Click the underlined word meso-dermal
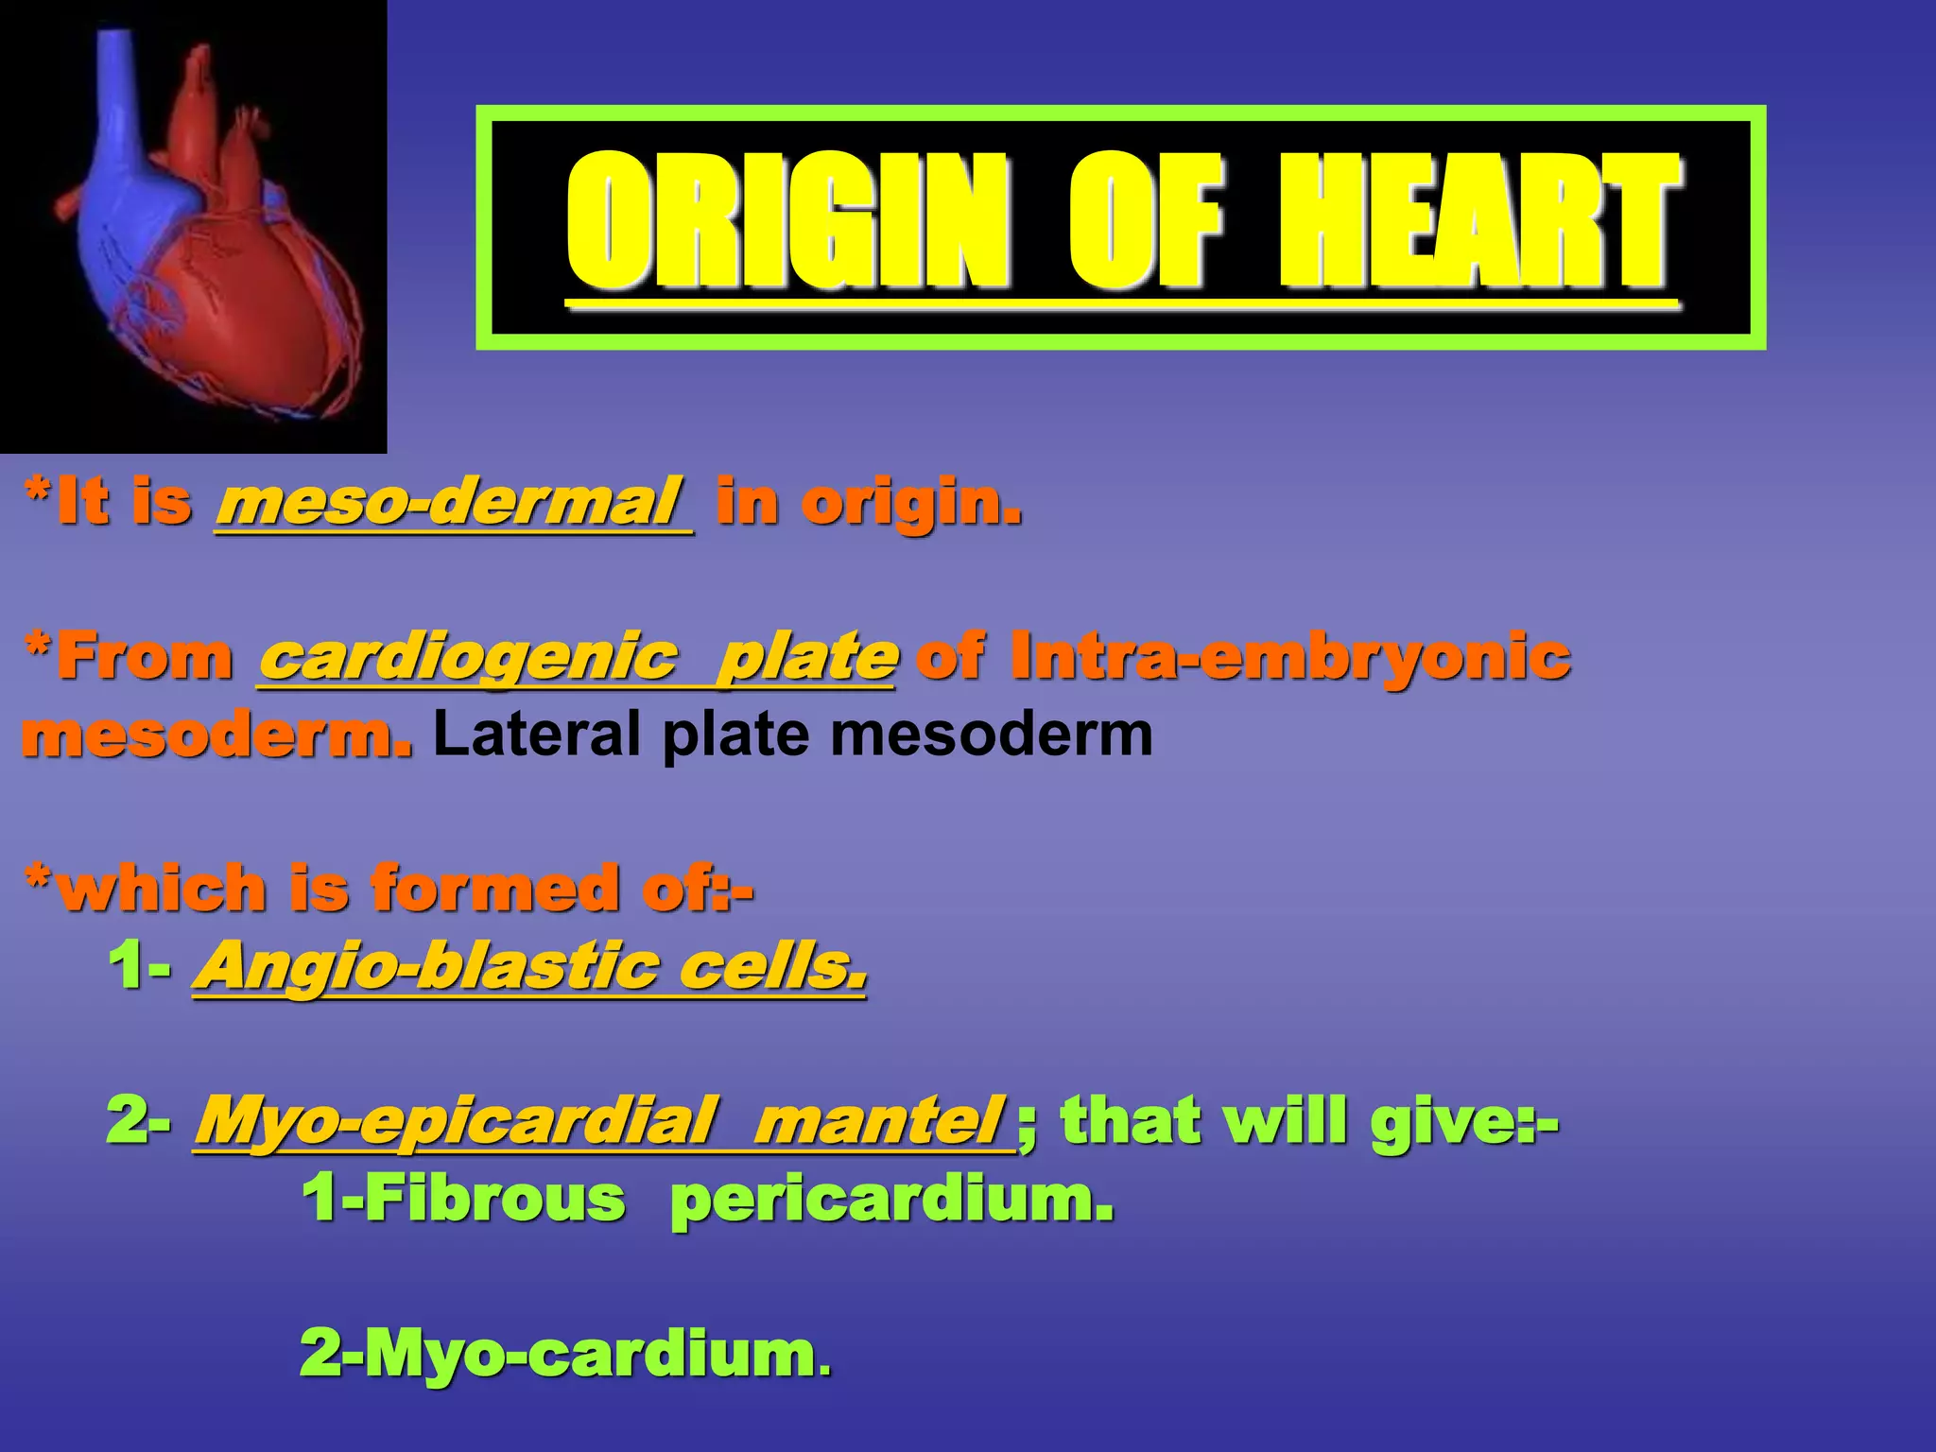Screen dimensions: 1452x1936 (452, 502)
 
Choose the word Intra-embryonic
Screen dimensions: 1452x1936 (1289, 656)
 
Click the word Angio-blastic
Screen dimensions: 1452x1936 (425, 966)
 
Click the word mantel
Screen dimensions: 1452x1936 (879, 1121)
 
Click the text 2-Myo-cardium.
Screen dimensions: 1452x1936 (565, 1354)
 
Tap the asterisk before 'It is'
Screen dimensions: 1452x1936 (38, 492)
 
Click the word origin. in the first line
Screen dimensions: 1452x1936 (911, 502)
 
